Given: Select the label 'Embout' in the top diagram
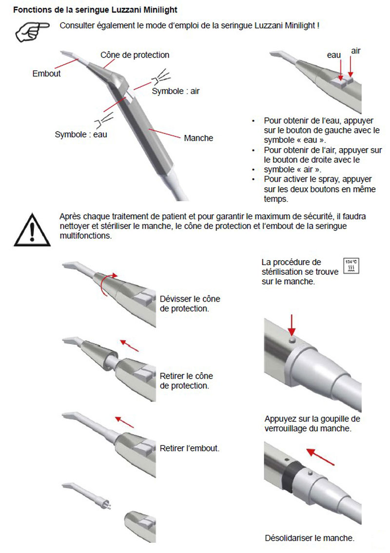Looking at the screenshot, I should tap(46, 74).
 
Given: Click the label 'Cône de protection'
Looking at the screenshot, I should tap(135, 55).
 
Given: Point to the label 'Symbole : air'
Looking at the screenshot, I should tap(175, 91).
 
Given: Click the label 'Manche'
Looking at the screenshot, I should tap(198, 138).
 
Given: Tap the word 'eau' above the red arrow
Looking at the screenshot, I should tap(333, 56).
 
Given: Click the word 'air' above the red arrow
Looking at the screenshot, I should tap(356, 51).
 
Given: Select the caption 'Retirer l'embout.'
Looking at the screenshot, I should tap(190, 448).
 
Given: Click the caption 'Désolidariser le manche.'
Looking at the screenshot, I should tap(310, 538).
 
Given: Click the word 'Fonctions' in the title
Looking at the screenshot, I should tap(32, 10).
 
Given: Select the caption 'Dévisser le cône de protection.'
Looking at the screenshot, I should tap(190, 304).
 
